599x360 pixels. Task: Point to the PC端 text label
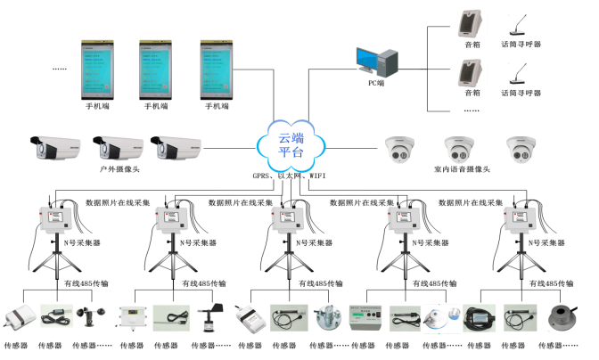378,84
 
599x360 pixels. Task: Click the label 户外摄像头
117,168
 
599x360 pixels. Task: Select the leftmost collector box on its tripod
54,219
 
